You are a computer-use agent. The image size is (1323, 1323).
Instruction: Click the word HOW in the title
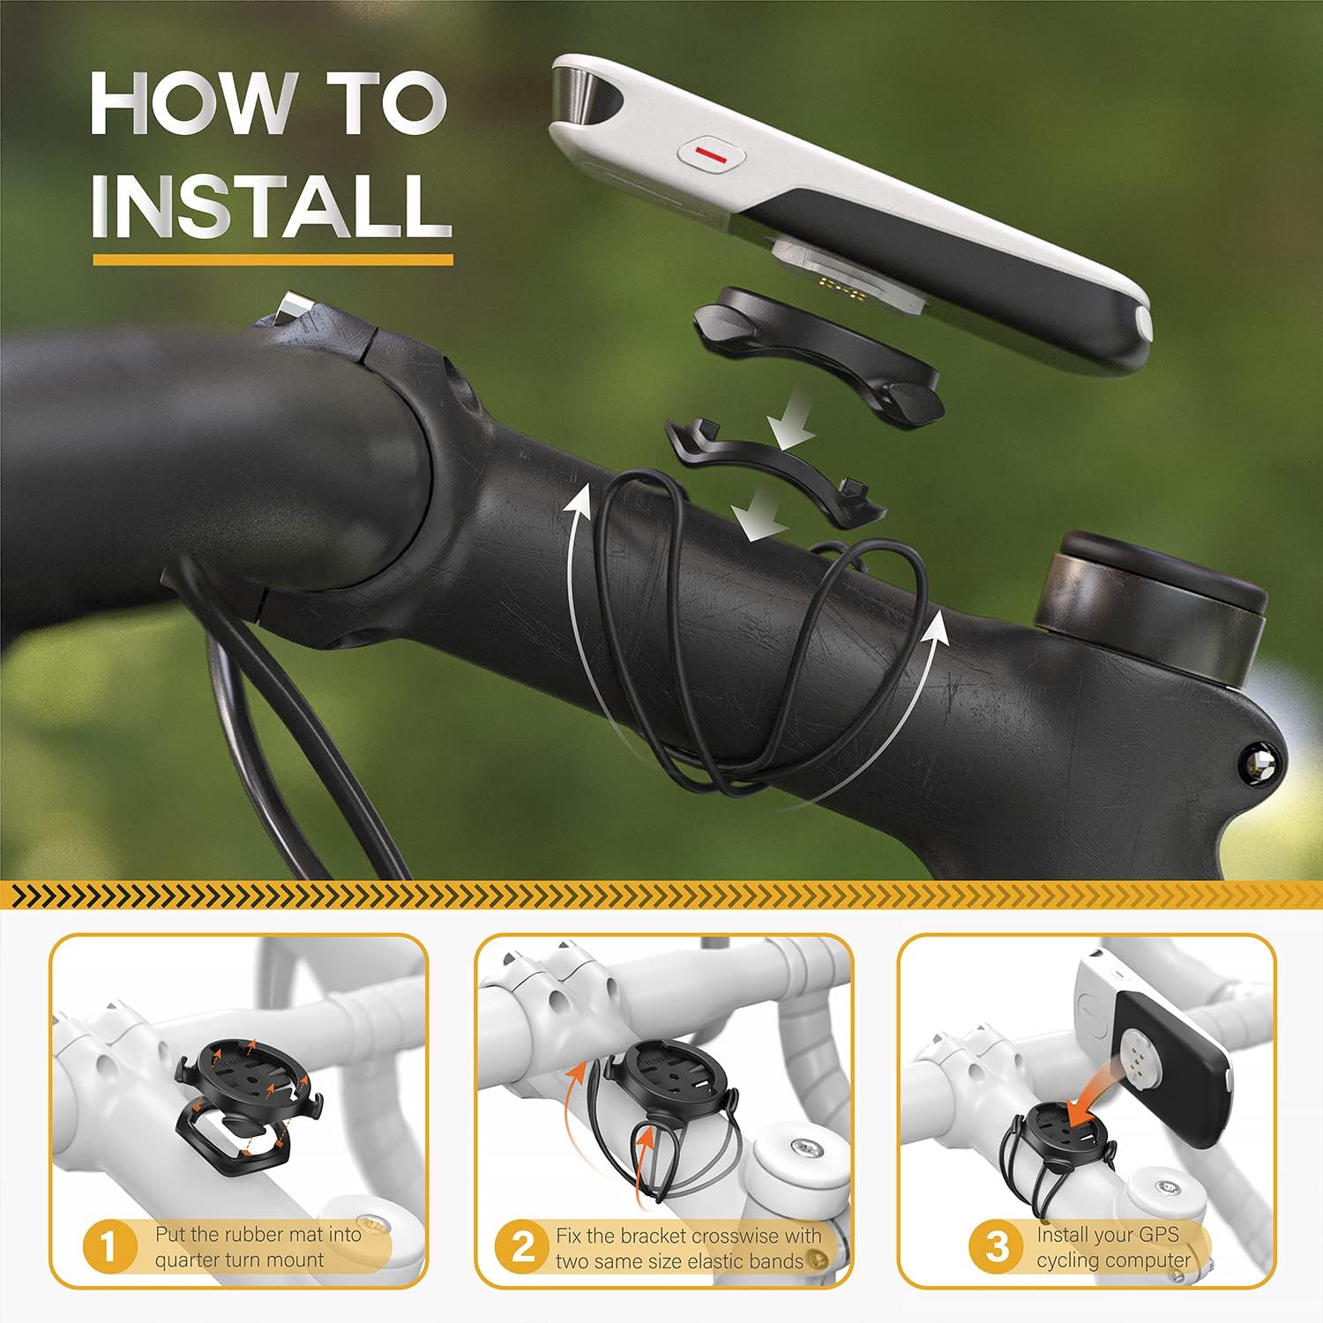point(195,103)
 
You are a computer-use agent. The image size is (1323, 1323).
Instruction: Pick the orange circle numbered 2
point(524,1247)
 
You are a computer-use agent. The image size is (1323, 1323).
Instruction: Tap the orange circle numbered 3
point(997,1247)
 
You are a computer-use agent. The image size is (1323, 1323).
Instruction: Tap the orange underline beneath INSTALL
point(273,259)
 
